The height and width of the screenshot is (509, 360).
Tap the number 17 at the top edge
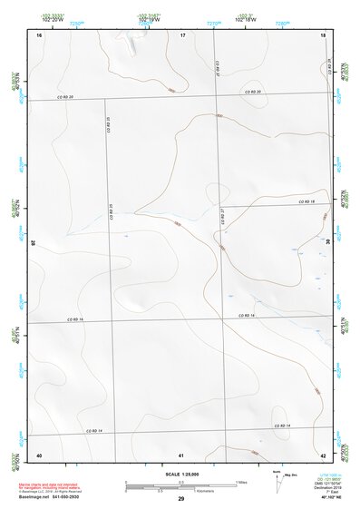[182, 34]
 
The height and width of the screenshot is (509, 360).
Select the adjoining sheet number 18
[324, 34]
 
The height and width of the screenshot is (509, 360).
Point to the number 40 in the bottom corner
[39, 454]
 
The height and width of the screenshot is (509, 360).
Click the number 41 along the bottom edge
[182, 454]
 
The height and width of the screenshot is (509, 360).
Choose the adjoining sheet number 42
[324, 454]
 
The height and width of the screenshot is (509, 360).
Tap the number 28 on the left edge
[34, 243]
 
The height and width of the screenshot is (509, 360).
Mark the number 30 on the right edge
[328, 243]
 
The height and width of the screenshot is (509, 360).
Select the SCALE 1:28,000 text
[181, 475]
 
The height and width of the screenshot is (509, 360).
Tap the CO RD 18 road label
[306, 201]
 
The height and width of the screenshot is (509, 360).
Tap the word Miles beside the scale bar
[241, 481]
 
